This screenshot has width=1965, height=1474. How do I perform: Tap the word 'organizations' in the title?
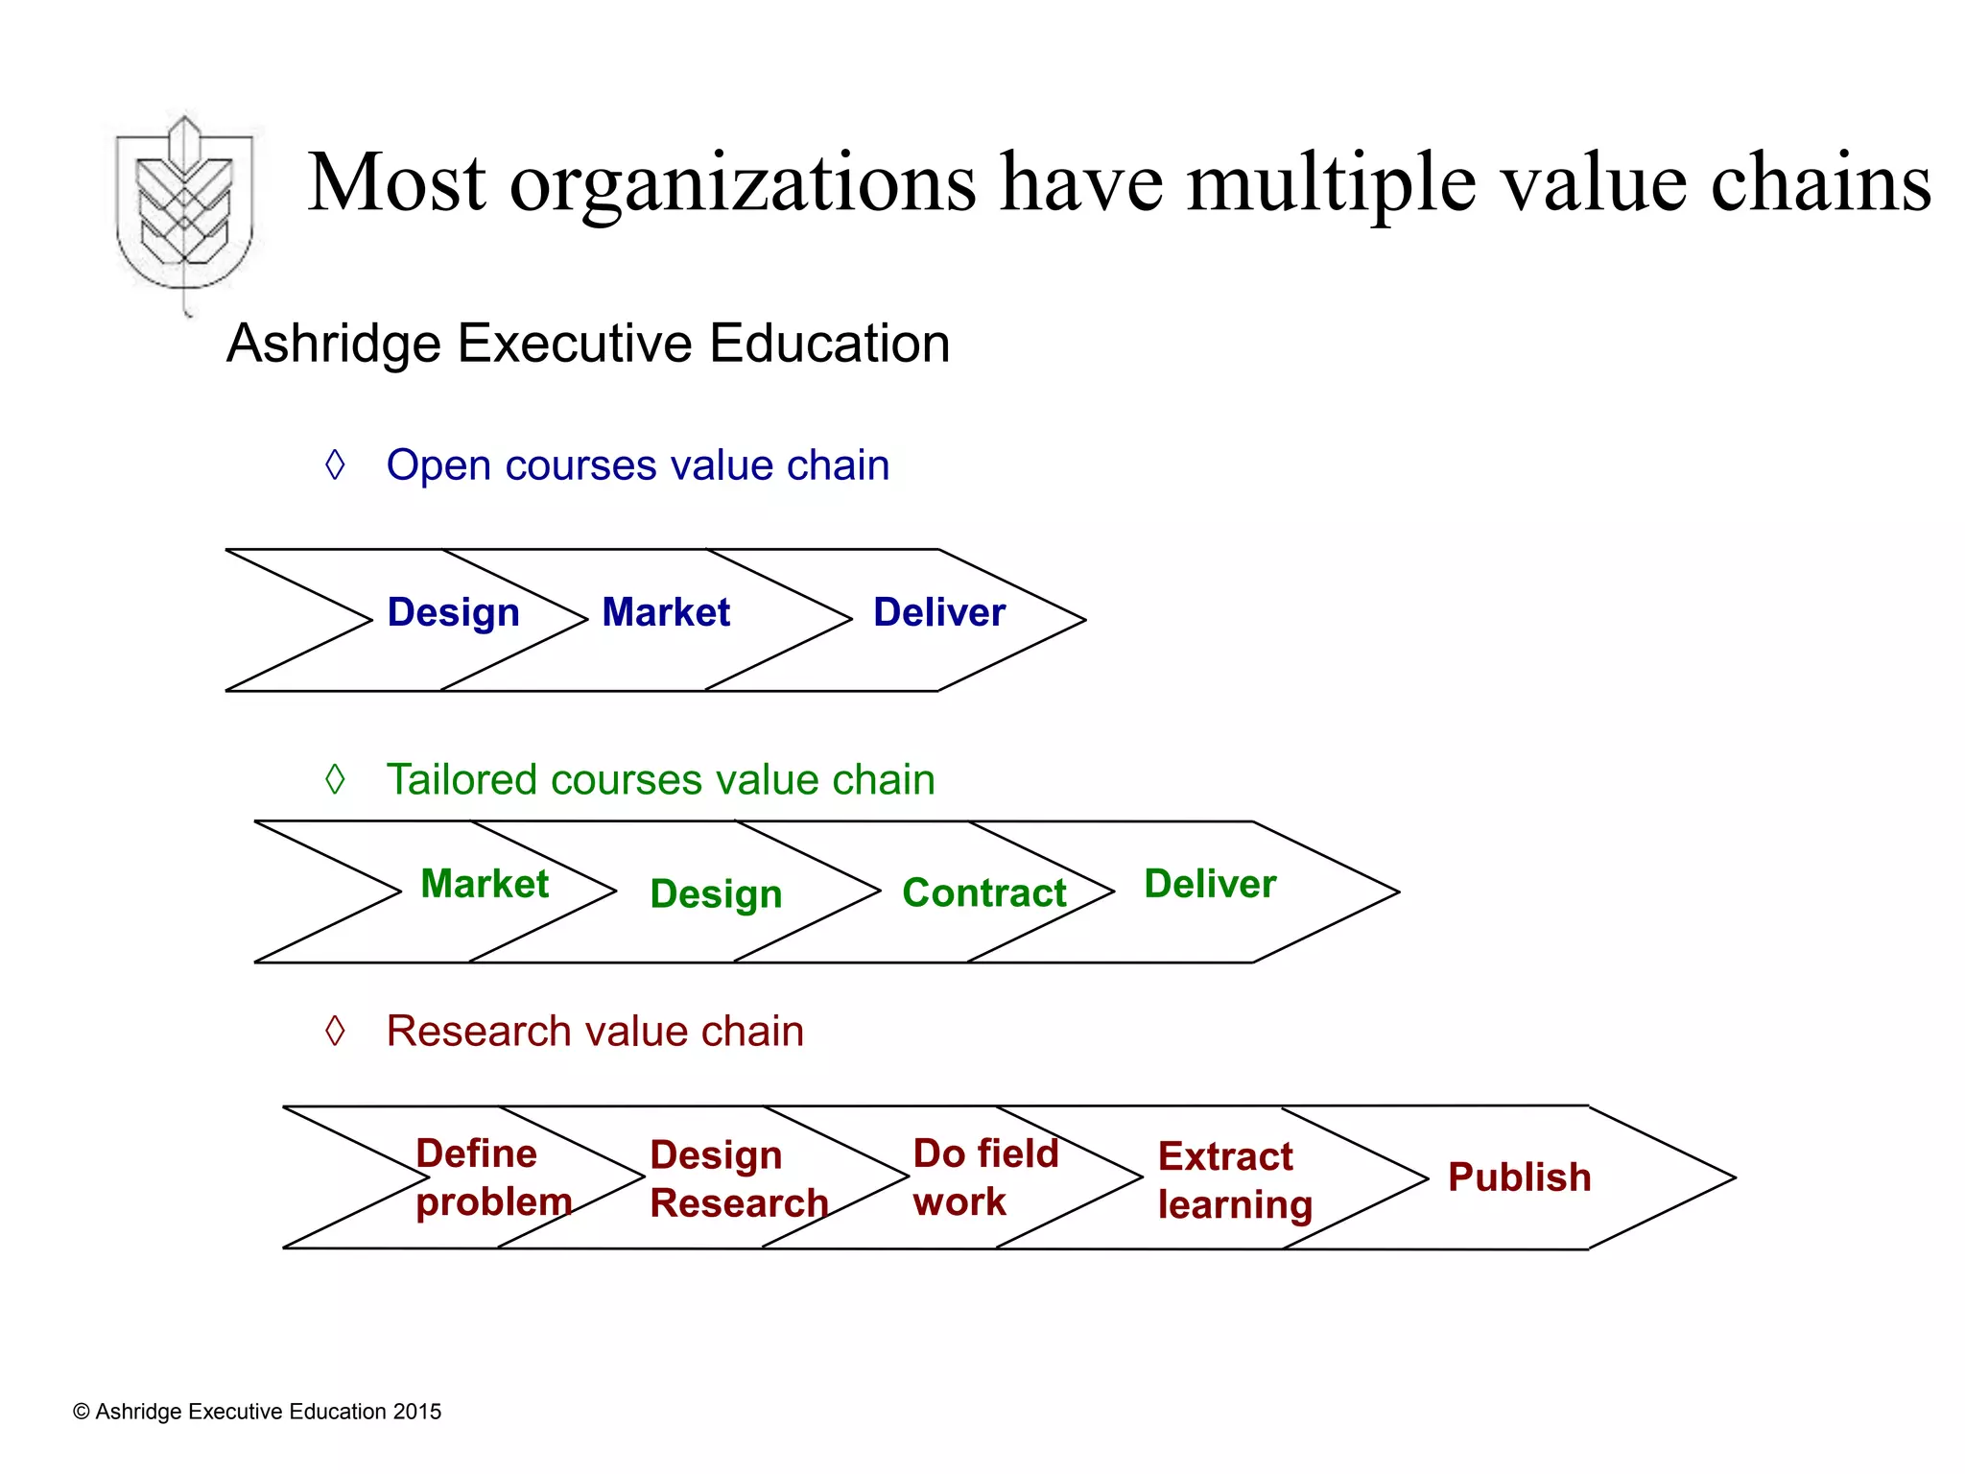[x=743, y=183]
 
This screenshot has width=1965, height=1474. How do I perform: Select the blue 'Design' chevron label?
[x=453, y=612]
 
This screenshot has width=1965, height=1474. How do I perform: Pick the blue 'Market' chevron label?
[x=666, y=612]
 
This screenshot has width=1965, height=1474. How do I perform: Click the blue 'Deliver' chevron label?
[x=939, y=612]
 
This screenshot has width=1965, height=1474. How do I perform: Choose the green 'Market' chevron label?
[x=485, y=884]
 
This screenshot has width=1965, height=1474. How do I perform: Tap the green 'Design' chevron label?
[x=716, y=894]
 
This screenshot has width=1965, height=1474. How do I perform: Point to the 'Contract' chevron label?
[x=984, y=893]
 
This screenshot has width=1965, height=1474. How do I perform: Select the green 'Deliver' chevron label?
[x=1210, y=884]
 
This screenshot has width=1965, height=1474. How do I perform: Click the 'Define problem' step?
[x=493, y=1177]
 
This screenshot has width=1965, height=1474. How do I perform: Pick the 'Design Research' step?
[x=739, y=1179]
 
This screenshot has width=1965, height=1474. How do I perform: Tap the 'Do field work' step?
[x=985, y=1177]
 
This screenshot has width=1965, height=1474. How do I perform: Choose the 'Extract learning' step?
[x=1235, y=1180]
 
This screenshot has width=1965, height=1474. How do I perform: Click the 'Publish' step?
[x=1519, y=1177]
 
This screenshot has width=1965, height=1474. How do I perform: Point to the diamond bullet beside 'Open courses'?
[x=335, y=464]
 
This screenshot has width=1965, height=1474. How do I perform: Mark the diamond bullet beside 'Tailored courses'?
[x=335, y=778]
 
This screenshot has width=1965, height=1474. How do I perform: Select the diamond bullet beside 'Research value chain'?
[x=335, y=1031]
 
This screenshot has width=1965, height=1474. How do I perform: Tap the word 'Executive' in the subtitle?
[x=575, y=344]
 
